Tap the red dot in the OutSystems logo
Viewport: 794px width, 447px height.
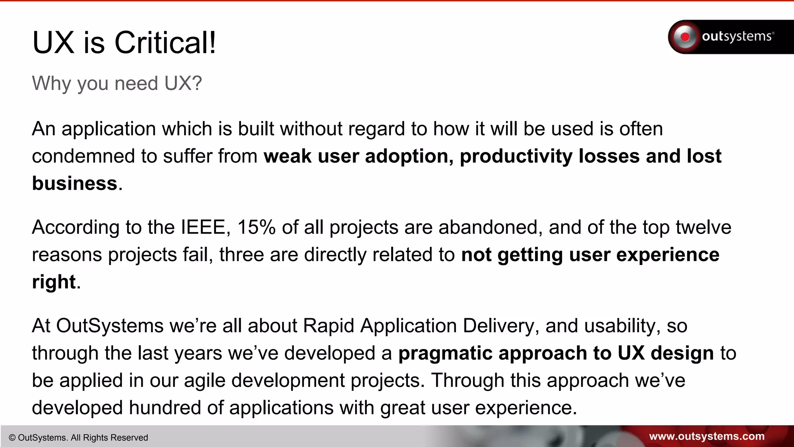click(x=685, y=37)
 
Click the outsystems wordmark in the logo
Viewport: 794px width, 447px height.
click(x=737, y=36)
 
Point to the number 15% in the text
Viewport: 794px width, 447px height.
click(x=256, y=227)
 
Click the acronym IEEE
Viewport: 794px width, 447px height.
click(x=203, y=227)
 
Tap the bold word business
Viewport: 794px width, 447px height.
click(x=74, y=183)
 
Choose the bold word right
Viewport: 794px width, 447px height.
click(x=54, y=282)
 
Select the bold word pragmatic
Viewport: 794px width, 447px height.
click(x=445, y=353)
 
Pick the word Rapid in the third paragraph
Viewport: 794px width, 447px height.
click(x=328, y=326)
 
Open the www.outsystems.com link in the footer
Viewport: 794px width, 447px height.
click(x=706, y=437)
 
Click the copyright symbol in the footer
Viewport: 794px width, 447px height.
click(x=12, y=438)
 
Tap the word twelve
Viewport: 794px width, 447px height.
click(x=703, y=227)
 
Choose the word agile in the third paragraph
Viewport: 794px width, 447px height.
click(x=204, y=381)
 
